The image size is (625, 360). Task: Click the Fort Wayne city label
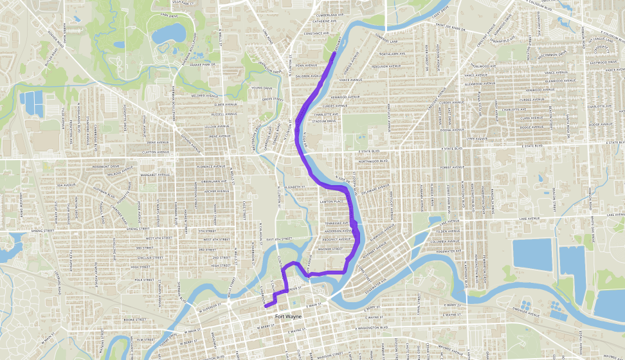(289, 316)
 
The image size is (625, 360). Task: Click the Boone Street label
(136, 319)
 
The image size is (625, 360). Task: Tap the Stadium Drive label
(324, 121)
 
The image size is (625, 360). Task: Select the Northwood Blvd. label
(374, 161)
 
